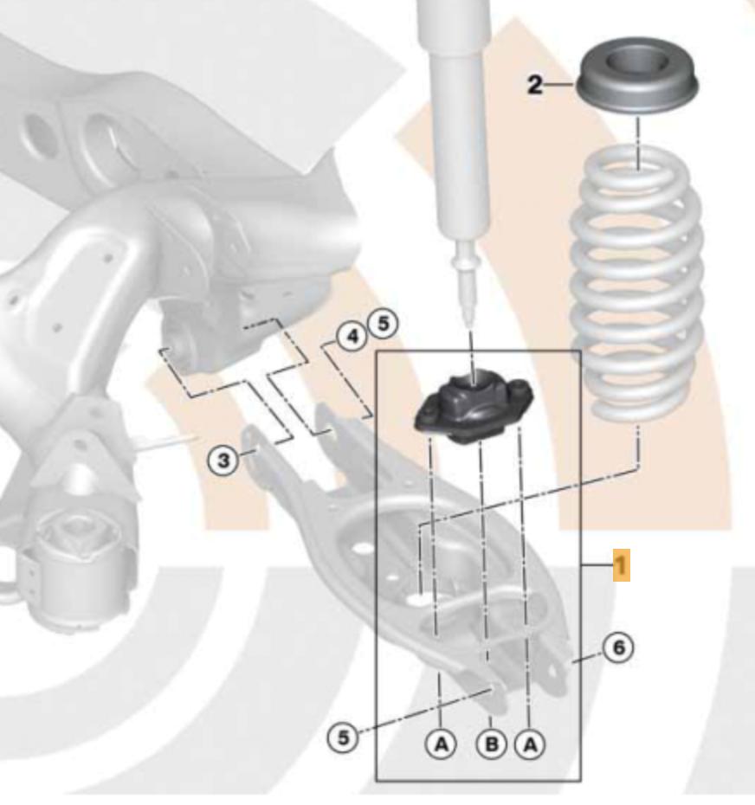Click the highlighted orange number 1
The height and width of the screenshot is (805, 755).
point(622,565)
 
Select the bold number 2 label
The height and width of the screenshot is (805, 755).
point(535,85)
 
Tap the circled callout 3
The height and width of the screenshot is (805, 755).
point(223,460)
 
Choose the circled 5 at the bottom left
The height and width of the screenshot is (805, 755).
point(343,738)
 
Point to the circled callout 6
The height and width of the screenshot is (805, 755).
point(618,648)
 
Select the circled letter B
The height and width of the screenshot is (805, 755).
point(492,744)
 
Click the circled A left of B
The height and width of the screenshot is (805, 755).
point(442,744)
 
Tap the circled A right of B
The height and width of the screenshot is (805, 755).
point(530,744)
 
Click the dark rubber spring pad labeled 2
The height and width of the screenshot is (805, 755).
point(637,77)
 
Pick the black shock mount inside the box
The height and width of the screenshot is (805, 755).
point(474,409)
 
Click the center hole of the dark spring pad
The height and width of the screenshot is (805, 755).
point(637,61)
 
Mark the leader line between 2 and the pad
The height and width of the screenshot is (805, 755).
point(558,84)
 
